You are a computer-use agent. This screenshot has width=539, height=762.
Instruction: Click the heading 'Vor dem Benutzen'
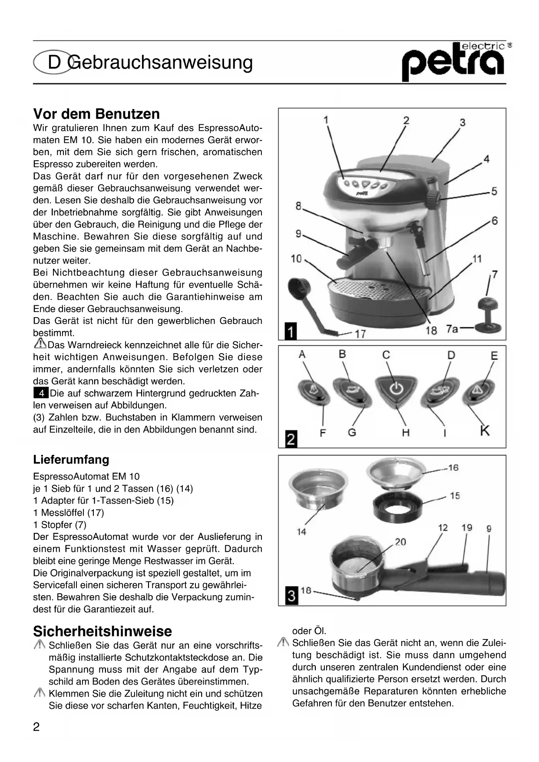click(96, 114)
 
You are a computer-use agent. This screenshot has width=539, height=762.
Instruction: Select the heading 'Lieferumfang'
click(71, 460)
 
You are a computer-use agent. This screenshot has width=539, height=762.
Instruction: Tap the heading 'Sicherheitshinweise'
click(103, 631)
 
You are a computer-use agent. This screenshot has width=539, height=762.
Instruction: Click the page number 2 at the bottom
click(36, 727)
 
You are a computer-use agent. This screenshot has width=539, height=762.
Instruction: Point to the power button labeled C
click(395, 388)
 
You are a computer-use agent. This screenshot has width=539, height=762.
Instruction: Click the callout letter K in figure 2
click(485, 431)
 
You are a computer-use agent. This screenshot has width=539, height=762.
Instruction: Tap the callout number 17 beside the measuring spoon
click(360, 334)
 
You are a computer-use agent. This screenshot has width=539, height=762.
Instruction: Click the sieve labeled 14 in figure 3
click(319, 489)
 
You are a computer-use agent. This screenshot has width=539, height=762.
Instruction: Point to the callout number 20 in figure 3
click(400, 542)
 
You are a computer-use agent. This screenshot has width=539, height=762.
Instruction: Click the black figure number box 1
click(291, 331)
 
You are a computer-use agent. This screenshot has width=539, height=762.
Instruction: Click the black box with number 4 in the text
click(41, 394)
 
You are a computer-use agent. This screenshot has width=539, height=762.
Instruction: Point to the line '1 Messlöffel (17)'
click(69, 513)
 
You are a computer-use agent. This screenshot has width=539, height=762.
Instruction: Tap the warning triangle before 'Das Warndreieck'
click(40, 345)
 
